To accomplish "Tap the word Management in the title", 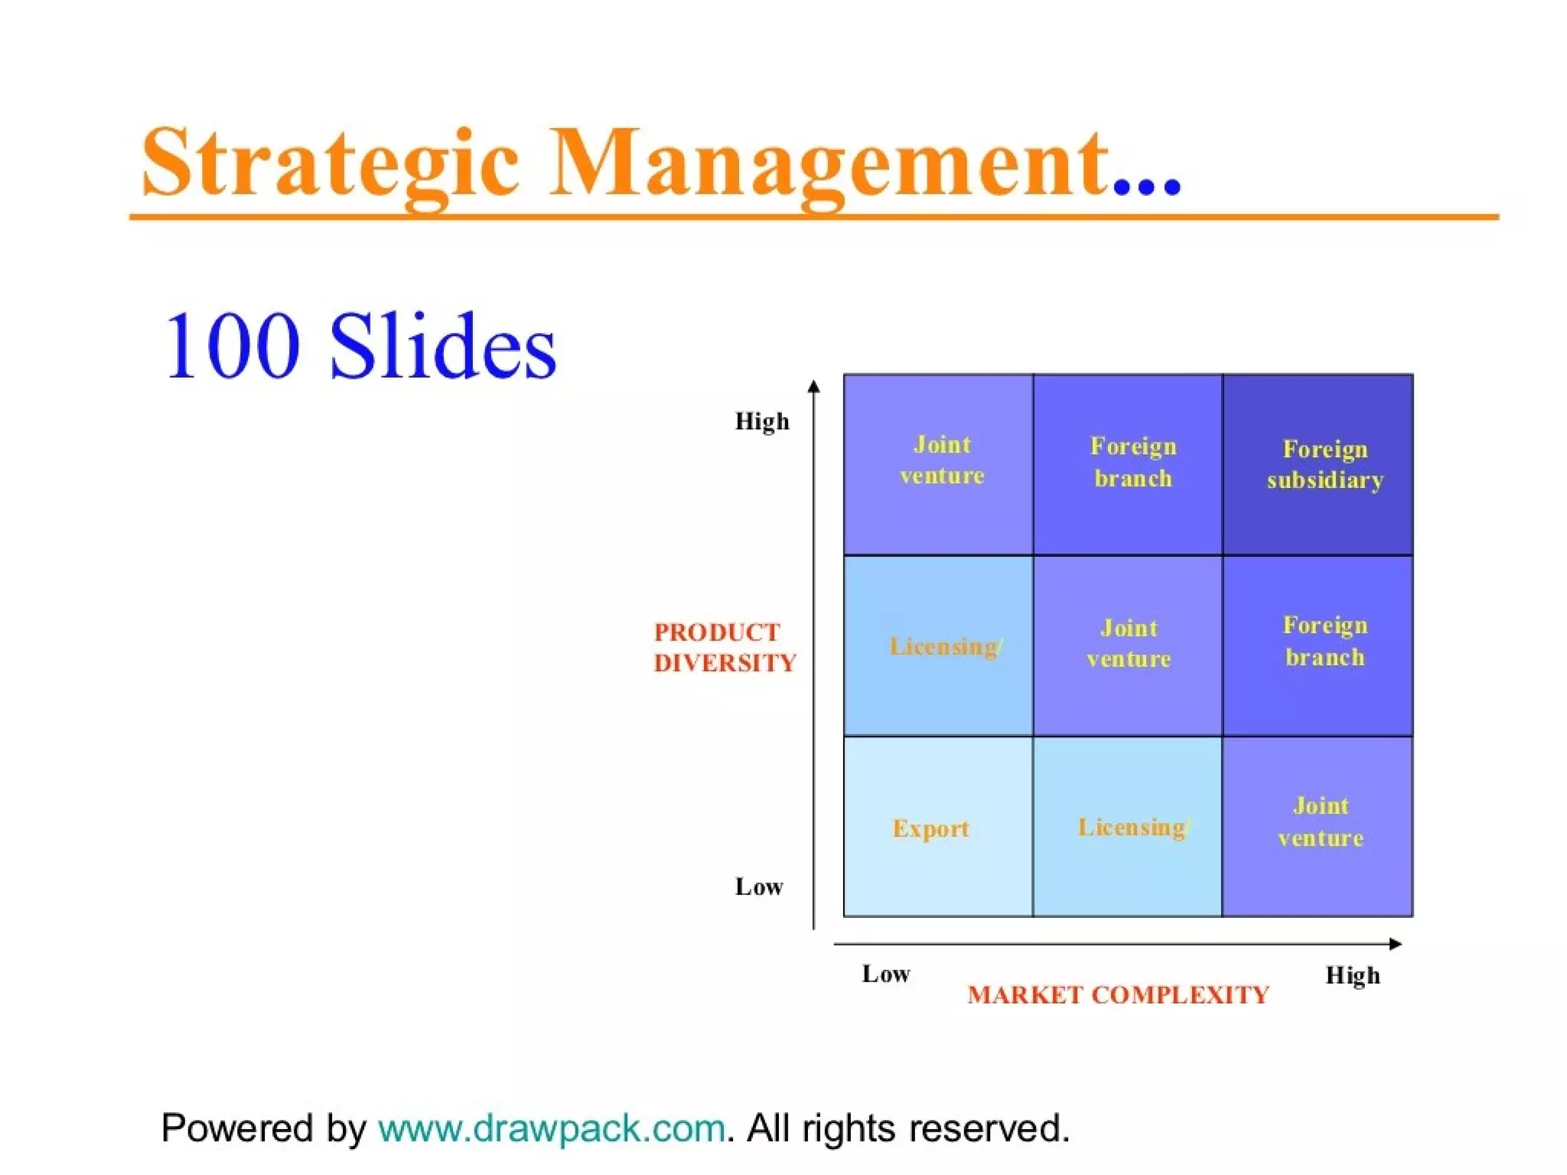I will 830,162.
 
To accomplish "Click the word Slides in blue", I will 443,346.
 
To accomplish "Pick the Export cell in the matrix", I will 937,827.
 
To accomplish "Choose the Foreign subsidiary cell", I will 1318,464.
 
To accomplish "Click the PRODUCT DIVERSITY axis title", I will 724,647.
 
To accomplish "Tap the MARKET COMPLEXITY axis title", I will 1118,994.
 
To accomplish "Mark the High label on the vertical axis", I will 761,422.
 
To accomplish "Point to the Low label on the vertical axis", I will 759,887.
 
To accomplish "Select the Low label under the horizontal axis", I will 886,974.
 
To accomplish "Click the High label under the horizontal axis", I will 1353,975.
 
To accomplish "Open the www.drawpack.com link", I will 551,1128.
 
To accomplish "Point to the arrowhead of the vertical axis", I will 814,386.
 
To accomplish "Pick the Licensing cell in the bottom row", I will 1128,827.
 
